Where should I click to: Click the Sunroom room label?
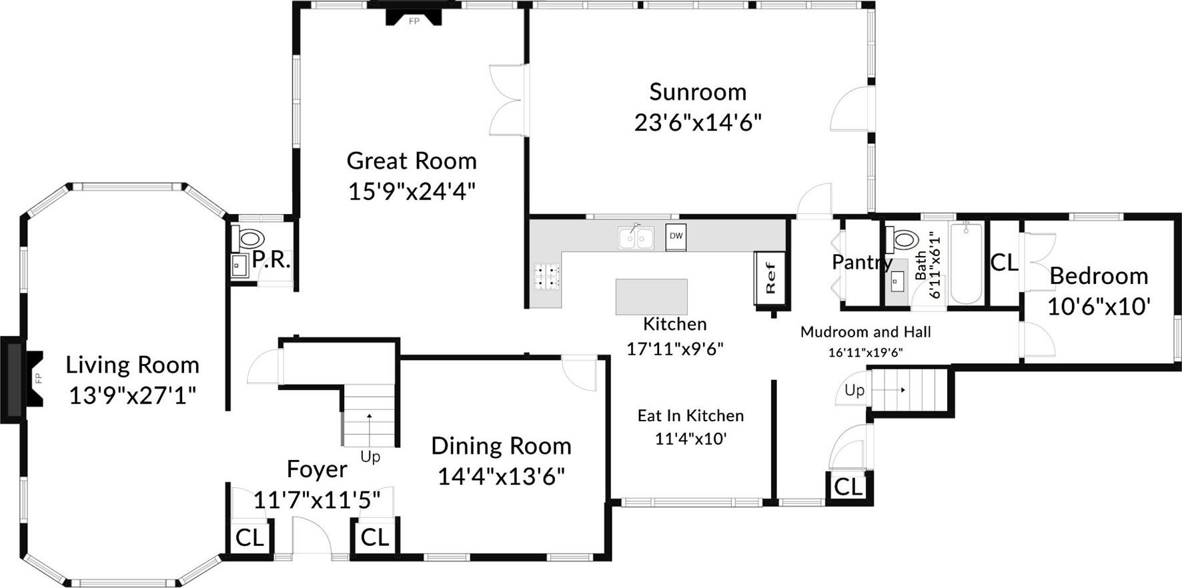tap(697, 92)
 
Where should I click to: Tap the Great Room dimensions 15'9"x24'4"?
tap(412, 192)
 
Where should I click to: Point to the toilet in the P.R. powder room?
tap(249, 237)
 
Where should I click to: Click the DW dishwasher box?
tap(676, 237)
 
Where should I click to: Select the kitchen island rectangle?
tap(651, 297)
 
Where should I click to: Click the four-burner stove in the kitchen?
tap(546, 277)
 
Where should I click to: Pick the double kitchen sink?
tap(635, 238)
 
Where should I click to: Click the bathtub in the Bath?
tap(965, 263)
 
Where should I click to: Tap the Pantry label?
tap(861, 262)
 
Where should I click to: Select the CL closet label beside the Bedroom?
tap(1004, 263)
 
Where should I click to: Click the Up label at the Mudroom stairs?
tap(854, 390)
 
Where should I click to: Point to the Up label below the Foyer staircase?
tap(370, 457)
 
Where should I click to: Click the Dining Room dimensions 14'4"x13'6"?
tap(501, 477)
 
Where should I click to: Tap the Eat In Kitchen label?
tap(690, 416)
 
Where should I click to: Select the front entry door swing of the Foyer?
tap(312, 537)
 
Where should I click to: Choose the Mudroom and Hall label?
tap(865, 332)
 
